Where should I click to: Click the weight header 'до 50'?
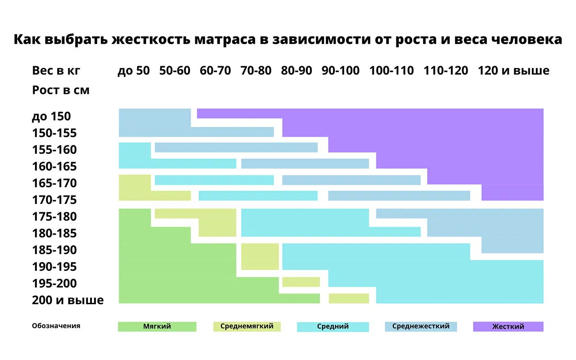click(x=133, y=71)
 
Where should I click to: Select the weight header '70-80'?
click(x=256, y=71)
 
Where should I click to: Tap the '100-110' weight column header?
click(x=391, y=71)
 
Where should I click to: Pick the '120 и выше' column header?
click(x=513, y=71)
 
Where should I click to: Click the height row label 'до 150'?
click(x=51, y=116)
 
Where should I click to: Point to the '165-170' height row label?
click(x=54, y=183)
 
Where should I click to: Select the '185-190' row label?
click(x=54, y=250)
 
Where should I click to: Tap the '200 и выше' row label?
click(x=67, y=300)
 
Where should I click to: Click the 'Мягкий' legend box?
click(x=157, y=327)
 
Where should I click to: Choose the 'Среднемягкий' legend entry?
click(x=247, y=326)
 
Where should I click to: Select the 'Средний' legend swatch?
click(x=333, y=327)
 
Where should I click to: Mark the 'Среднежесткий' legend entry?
click(x=421, y=326)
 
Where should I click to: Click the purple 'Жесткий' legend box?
click(x=508, y=327)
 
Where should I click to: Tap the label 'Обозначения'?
click(x=56, y=326)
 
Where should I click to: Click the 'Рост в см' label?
click(x=61, y=90)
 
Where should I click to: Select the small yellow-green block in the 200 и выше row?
click(x=349, y=298)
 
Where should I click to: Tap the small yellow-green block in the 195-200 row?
click(x=301, y=282)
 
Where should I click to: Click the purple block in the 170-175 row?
click(x=512, y=193)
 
